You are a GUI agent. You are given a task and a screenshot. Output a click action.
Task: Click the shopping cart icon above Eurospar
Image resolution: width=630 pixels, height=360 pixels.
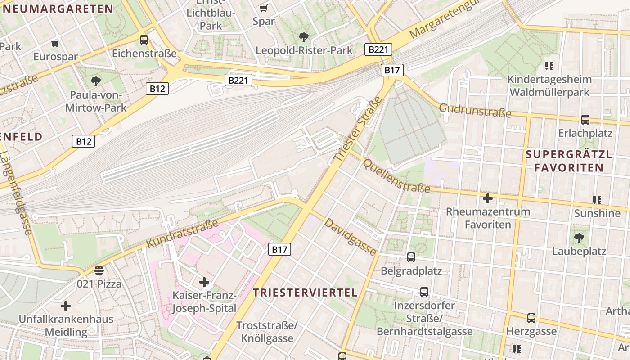[55, 44]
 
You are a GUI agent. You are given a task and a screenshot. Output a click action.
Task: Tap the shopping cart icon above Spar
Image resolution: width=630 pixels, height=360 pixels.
[264, 8]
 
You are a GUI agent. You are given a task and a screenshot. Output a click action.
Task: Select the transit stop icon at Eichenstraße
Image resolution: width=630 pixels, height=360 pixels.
[144, 40]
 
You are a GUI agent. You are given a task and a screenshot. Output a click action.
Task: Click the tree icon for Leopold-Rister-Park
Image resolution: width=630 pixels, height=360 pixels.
[304, 37]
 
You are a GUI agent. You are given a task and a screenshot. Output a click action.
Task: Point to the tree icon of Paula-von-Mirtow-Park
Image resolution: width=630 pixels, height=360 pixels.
[95, 81]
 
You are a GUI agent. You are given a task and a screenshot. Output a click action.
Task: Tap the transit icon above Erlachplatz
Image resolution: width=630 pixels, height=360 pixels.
[585, 120]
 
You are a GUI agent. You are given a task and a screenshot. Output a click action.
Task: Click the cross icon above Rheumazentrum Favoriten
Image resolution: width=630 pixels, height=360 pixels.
[488, 198]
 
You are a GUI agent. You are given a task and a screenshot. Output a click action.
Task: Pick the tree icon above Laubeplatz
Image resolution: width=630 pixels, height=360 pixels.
[579, 238]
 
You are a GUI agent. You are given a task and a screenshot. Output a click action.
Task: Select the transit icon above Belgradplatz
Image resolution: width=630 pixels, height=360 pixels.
[411, 257]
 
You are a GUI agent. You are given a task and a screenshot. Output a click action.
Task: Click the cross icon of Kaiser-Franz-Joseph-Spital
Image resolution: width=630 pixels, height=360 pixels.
[204, 282]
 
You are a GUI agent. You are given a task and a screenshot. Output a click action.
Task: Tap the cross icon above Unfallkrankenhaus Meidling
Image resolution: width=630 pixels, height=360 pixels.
[66, 306]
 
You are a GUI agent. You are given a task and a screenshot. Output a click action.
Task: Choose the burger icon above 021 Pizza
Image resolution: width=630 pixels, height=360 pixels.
[99, 270]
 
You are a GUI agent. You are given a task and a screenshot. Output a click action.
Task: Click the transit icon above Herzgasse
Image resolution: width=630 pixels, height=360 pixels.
[531, 318]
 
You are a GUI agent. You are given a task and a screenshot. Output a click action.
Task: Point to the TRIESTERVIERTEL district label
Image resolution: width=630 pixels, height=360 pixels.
[305, 292]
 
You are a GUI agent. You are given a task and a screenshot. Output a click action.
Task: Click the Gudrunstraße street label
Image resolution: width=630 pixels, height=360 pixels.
[475, 110]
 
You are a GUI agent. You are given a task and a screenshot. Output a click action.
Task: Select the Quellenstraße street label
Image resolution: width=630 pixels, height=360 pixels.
[396, 175]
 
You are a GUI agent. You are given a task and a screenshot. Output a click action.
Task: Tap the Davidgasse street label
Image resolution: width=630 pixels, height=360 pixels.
[350, 237]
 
